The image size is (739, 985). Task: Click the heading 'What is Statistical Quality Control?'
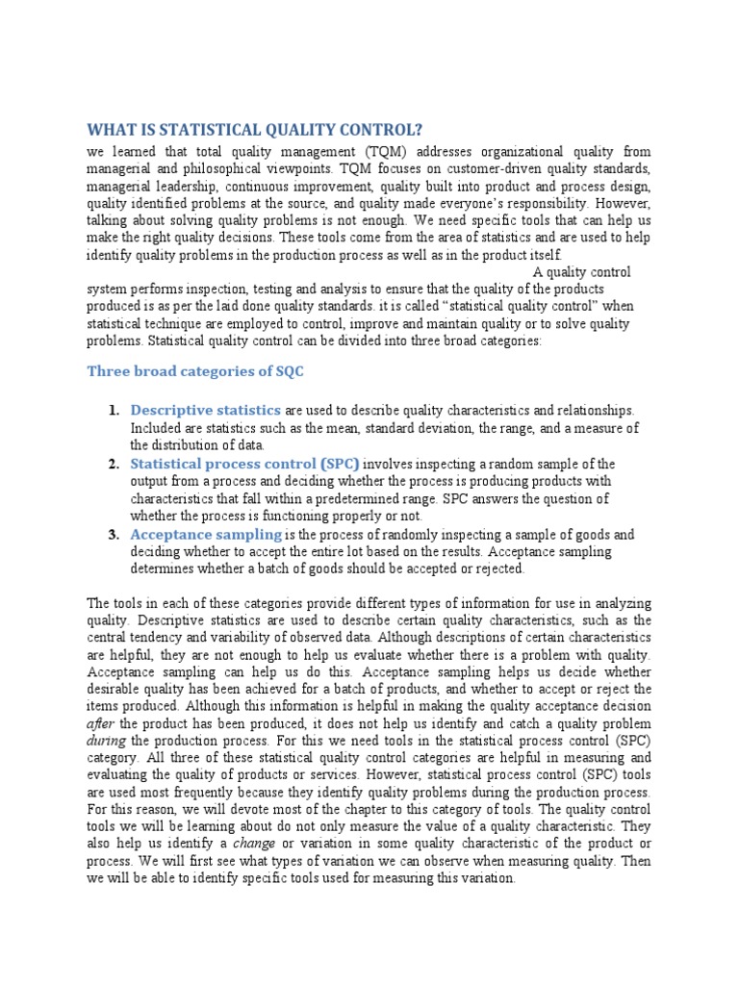254,130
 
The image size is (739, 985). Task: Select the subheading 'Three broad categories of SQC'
195,371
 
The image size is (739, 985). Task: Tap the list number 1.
114,411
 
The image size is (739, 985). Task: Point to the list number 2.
114,464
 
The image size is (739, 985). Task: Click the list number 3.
114,535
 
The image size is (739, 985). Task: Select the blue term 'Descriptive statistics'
206,411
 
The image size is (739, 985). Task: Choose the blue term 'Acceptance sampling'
206,535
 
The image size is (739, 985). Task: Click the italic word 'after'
101,723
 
